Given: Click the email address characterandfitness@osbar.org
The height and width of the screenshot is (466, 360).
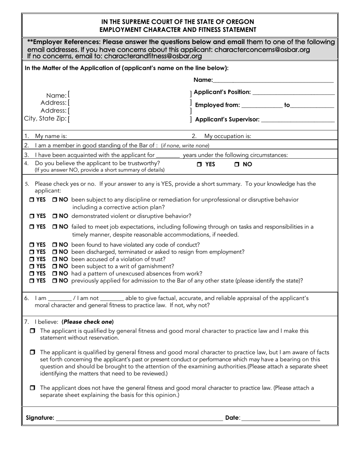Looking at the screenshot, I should coord(153,56).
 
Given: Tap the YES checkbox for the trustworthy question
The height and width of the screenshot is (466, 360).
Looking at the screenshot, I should coord(199,164).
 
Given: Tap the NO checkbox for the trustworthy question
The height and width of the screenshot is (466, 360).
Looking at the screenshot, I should coord(236,164).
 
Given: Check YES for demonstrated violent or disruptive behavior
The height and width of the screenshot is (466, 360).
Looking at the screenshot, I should coord(32,216).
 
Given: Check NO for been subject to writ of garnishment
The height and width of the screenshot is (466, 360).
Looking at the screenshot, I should coord(55,266).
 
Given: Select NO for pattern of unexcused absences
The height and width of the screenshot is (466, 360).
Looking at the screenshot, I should coord(55,274).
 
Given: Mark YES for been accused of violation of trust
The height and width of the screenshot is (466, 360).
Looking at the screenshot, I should coord(32,259).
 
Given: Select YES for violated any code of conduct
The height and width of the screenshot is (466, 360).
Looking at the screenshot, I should coord(32,245).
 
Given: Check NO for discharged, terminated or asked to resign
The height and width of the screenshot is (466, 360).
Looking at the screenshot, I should coord(55,252).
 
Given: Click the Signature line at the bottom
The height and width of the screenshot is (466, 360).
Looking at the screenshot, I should coord(139,419).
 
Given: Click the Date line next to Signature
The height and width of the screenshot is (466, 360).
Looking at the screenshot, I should coord(280,419).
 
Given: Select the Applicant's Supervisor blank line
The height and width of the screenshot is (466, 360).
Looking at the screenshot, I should coord(298,120).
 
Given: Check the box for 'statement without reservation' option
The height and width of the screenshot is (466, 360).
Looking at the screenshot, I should coord(32,331).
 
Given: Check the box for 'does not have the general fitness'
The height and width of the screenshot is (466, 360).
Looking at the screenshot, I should coord(32,388).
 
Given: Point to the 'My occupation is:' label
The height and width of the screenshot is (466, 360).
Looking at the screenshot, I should coord(227,136).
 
